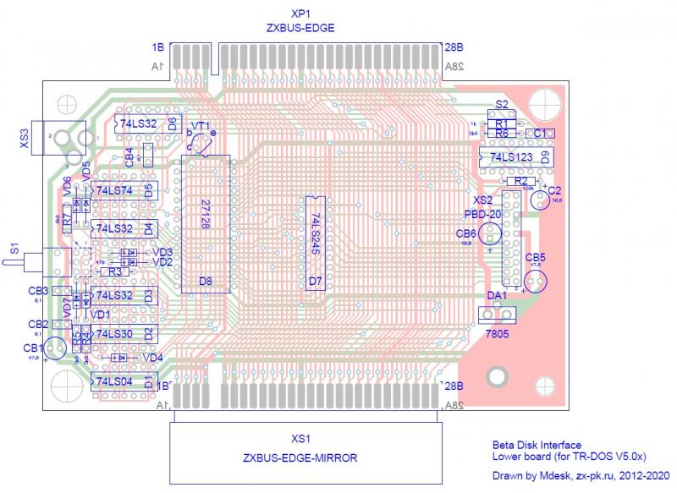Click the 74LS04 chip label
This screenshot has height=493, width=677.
coord(114,382)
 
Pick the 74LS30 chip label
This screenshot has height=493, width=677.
coord(114,334)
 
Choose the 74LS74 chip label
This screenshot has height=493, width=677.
coord(114,191)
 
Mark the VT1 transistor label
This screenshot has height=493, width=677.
coord(201,125)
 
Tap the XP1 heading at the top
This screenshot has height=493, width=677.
coord(300,14)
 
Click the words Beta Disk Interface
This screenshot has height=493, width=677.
coord(537,445)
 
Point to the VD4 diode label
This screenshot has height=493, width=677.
coord(152,357)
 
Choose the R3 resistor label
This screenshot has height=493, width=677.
coord(115,271)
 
